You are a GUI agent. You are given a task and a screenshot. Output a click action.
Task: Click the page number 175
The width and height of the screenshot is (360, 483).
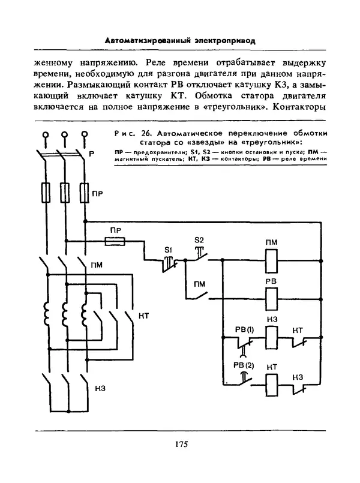[x=181, y=445]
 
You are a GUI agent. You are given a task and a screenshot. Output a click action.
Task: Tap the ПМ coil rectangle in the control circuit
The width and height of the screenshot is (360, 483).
[x=271, y=261]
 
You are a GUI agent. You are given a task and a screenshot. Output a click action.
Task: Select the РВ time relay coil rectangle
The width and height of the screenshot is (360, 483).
[x=271, y=295]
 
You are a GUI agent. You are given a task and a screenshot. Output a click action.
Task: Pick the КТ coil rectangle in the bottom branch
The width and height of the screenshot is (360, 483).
[x=271, y=382]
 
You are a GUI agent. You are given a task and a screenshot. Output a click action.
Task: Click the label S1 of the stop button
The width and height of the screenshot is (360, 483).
[x=169, y=248]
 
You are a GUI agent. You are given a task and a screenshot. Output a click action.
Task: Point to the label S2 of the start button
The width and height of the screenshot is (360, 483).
[x=199, y=240]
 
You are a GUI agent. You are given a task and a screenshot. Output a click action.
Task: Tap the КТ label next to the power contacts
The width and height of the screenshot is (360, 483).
[x=143, y=316]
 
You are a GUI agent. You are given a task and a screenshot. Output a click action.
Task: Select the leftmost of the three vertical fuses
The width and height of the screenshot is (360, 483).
[x=45, y=193]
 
